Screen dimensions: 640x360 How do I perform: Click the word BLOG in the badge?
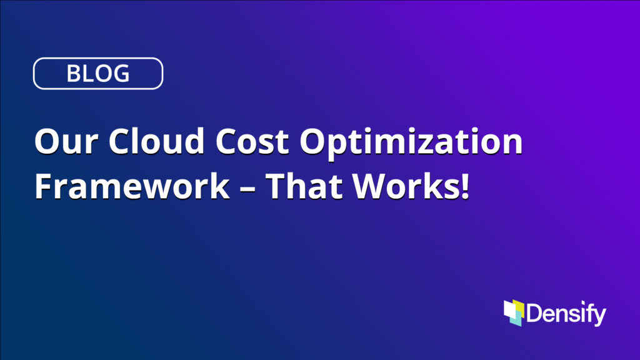click(x=98, y=74)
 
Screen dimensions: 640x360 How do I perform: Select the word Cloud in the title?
click(x=156, y=140)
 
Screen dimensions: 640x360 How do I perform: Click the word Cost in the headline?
click(x=252, y=141)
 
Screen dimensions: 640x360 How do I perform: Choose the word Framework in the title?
click(x=132, y=185)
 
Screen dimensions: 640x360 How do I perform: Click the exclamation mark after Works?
click(x=464, y=186)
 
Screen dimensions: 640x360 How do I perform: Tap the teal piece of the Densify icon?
click(x=517, y=321)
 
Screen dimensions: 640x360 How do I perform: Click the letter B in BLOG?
click(x=73, y=74)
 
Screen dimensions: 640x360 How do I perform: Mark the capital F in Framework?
click(x=43, y=186)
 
